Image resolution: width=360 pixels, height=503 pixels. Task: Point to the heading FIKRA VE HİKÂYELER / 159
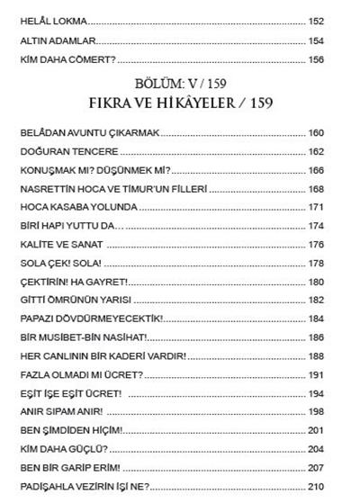(180, 104)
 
